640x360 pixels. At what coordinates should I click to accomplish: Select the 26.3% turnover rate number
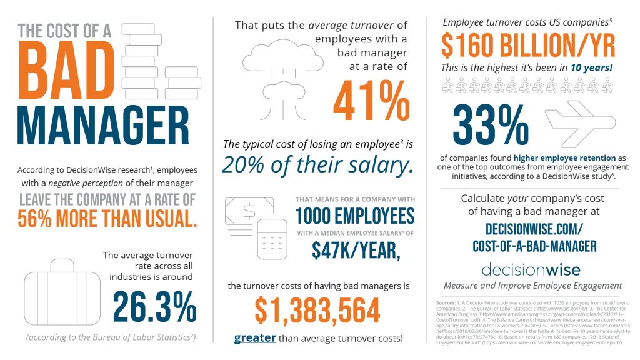154,306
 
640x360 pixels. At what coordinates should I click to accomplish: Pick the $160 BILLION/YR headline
528,45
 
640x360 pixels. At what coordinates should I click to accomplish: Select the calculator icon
272,239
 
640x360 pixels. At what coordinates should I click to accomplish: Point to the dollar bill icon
245,211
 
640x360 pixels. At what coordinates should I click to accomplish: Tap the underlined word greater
255,338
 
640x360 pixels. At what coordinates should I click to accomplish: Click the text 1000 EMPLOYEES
354,216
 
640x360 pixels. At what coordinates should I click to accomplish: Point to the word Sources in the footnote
446,303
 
